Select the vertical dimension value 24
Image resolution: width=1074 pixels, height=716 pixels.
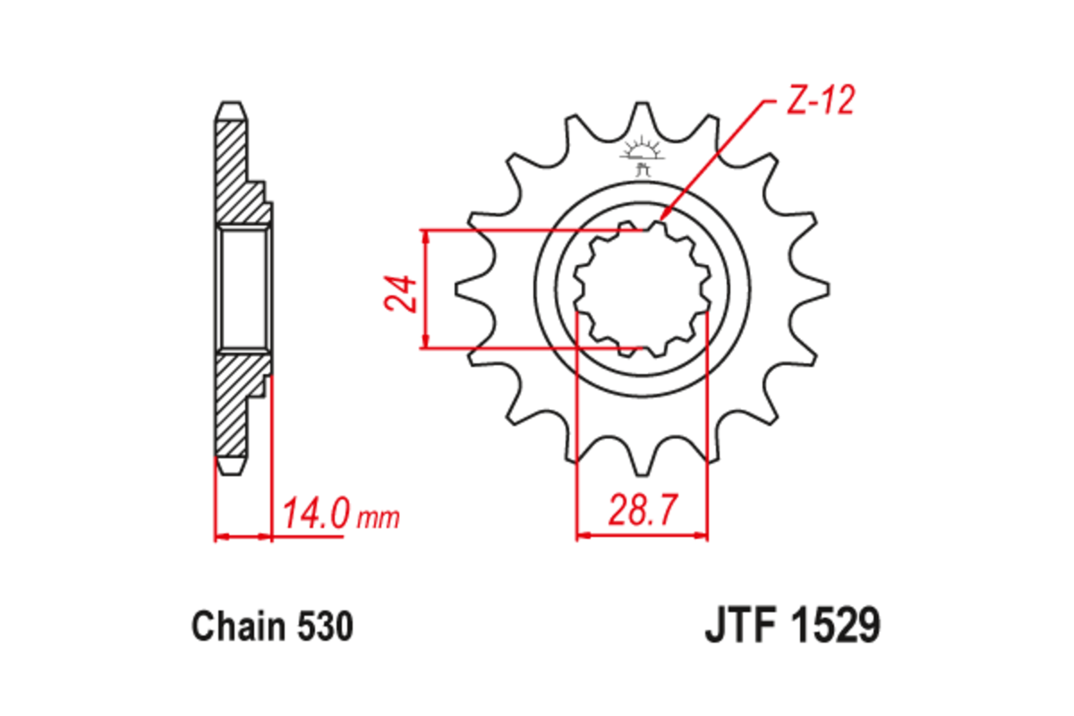403,292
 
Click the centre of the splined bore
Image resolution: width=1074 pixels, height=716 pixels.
642,288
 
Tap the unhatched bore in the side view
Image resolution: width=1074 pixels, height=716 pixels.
243,288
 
